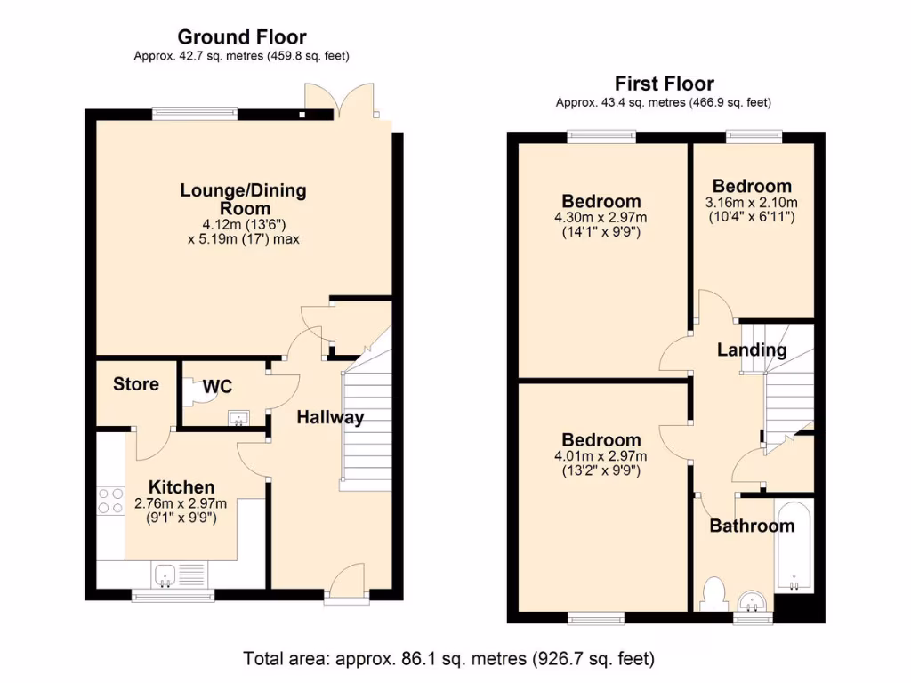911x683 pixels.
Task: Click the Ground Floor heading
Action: point(242,37)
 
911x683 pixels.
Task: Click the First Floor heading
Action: point(665,84)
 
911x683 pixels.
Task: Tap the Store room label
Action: point(136,384)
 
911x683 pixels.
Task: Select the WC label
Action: point(217,387)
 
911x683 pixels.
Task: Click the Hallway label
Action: point(330,417)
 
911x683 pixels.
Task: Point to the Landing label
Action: point(752,350)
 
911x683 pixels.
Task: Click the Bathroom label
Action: point(752,526)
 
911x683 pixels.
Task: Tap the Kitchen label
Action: point(181,487)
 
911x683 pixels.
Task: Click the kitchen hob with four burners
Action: point(110,501)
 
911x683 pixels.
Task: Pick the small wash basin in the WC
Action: point(238,418)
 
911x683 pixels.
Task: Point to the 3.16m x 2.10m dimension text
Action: point(752,209)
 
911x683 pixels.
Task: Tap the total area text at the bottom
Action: point(449,659)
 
